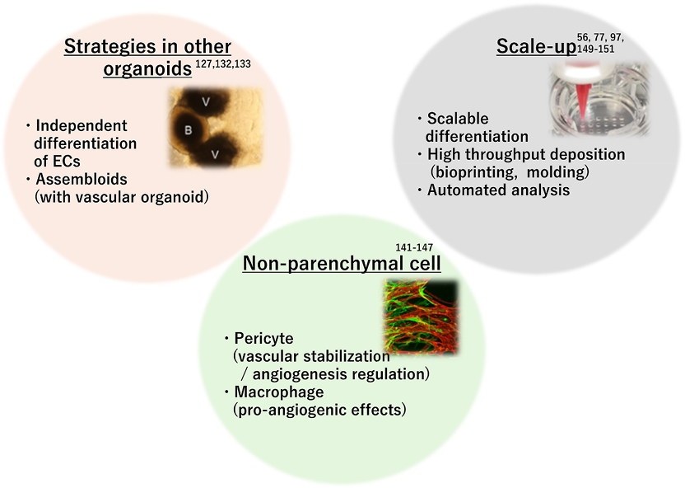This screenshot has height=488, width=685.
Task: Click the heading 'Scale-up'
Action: [x=537, y=46]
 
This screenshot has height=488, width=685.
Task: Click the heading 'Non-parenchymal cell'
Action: [x=342, y=264]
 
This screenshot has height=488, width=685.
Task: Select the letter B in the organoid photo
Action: [x=188, y=130]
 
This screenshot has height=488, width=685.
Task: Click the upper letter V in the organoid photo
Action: [x=206, y=102]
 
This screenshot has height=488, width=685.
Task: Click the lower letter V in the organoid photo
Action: [x=215, y=154]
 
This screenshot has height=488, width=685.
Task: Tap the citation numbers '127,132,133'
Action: [x=223, y=63]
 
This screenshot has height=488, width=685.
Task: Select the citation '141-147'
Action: [x=414, y=247]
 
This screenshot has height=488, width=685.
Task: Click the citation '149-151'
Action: [x=596, y=49]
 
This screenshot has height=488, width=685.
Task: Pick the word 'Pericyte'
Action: [x=263, y=339]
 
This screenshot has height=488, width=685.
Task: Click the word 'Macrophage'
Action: [x=279, y=392]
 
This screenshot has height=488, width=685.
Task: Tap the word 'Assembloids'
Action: [x=82, y=179]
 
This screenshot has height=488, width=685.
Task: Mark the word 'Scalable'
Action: [x=458, y=119]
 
